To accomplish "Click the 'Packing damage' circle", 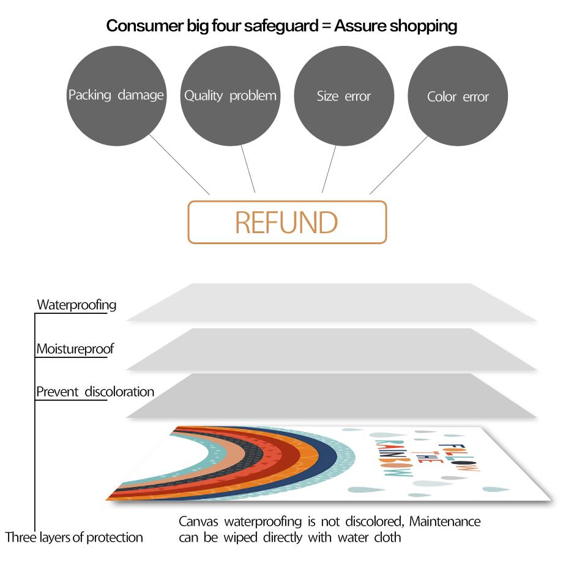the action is tap(116, 96).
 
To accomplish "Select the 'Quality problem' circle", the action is tap(230, 96).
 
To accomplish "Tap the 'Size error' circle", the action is tap(344, 96).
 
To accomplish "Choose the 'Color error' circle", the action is tap(458, 96).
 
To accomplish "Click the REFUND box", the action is tap(287, 222).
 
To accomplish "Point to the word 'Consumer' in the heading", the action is tap(145, 26).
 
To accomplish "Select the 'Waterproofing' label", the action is tap(76, 305).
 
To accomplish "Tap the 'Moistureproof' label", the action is tap(75, 349).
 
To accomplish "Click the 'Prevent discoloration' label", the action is tap(95, 392).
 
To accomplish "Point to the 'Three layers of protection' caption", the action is tap(74, 537).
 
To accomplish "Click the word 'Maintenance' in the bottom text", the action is tap(445, 521).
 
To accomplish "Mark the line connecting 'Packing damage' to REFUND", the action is tap(179, 165).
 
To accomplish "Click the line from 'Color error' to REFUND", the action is tap(398, 165).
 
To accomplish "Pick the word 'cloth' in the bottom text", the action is tap(387, 537).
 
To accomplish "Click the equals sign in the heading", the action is tap(326, 26).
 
